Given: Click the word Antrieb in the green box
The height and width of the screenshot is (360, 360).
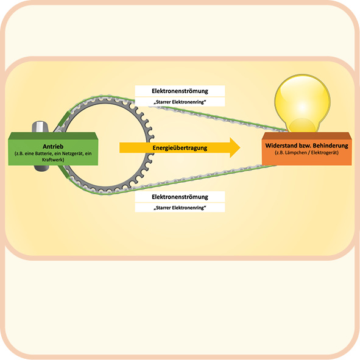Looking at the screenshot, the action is tap(53, 146).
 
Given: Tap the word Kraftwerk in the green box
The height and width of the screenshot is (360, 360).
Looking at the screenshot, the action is tap(53, 160).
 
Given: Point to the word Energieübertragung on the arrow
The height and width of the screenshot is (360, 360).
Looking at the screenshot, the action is tap(180, 148).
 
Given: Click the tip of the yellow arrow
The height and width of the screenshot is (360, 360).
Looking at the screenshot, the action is tap(241, 147).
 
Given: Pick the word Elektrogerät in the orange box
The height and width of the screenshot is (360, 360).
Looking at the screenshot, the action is tap(324, 152).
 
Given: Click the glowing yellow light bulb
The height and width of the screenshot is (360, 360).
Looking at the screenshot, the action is tap(302, 104).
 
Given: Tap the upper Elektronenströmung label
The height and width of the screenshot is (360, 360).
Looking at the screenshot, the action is tap(180, 91).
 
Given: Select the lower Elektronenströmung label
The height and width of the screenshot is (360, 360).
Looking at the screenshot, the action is tap(180, 197).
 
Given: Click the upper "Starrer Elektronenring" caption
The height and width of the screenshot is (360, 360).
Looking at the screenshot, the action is tap(180, 102).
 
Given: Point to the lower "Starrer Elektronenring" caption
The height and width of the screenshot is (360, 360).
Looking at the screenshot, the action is tap(180, 208).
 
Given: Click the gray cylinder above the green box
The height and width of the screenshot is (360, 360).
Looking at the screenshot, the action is tap(40, 127).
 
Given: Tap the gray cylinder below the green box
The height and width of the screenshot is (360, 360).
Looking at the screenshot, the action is tap(42, 168).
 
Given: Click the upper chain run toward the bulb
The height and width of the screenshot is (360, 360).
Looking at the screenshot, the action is tap(221, 118).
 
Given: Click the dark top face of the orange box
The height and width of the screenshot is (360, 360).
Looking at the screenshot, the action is tap(307, 136).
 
